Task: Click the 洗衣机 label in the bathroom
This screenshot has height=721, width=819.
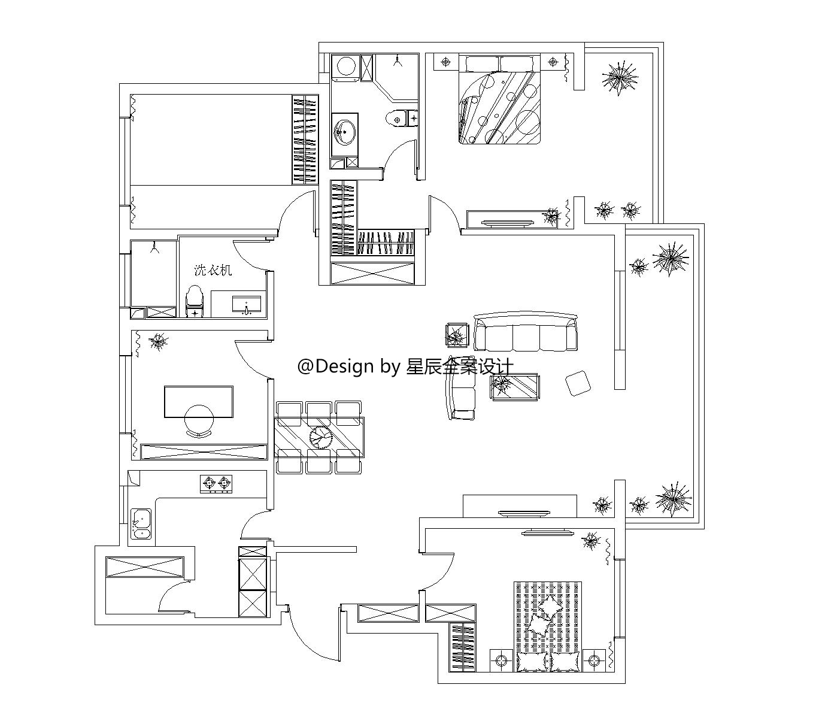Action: tap(213, 270)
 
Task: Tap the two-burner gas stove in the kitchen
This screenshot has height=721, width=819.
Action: tap(216, 484)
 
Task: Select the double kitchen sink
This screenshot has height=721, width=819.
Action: tap(141, 523)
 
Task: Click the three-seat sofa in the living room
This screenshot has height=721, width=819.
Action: tap(526, 332)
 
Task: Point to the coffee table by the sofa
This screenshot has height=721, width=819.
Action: tap(515, 387)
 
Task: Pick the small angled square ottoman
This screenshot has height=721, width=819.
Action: tap(578, 383)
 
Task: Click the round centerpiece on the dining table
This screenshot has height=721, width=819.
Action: tap(320, 437)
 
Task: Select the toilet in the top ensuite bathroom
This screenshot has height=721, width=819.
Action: tap(402, 119)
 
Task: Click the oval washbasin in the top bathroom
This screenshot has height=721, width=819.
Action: tap(345, 131)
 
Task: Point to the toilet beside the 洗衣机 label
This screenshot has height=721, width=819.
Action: tap(195, 301)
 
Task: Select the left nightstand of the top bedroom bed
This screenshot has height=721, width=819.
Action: tap(446, 62)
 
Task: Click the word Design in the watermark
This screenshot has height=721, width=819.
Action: tap(344, 366)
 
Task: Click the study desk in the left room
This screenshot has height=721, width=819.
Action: tap(199, 402)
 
